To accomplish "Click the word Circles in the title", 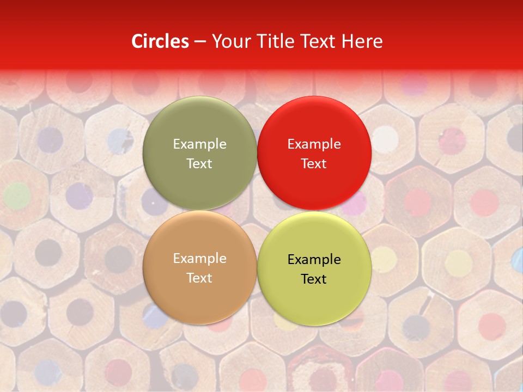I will [x=160, y=41].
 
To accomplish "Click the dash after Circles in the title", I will [x=200, y=42].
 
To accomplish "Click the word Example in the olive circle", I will [x=199, y=144].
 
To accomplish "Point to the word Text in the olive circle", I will [x=199, y=163].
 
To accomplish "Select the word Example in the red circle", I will [x=314, y=144].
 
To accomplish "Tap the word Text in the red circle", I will [x=314, y=163].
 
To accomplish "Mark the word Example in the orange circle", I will [x=199, y=258].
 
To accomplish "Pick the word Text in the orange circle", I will [x=199, y=278].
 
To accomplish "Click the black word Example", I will [x=314, y=259].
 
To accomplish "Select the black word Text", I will [x=314, y=279].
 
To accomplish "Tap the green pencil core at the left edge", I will [x=17, y=196].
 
